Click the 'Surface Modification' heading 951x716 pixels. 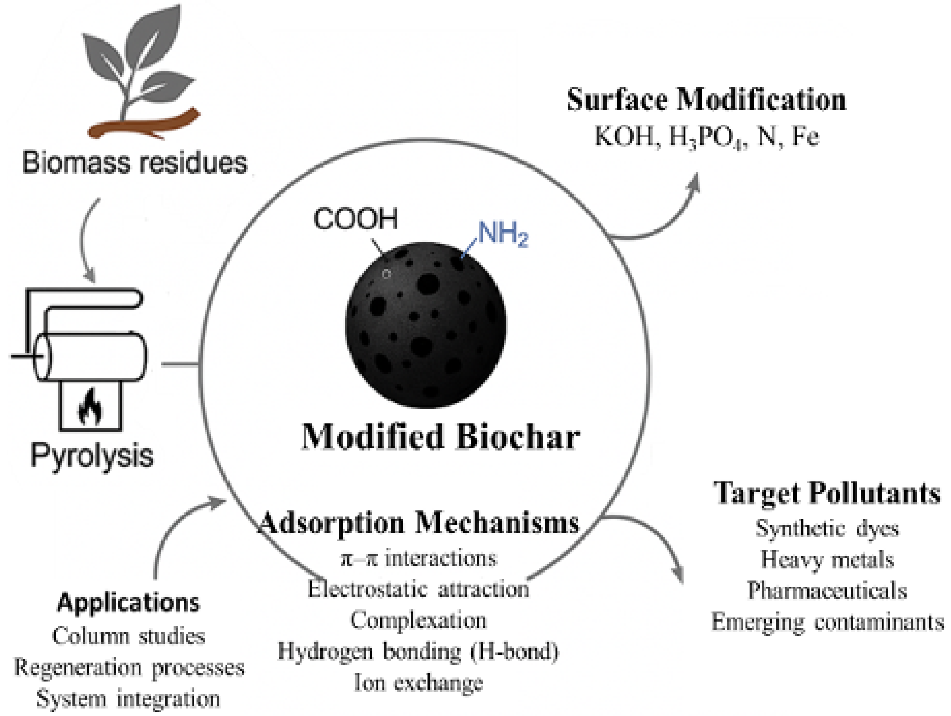click(707, 100)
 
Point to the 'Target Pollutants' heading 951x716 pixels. click(827, 494)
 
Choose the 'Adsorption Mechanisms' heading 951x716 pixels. click(419, 523)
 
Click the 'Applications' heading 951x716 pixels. click(129, 603)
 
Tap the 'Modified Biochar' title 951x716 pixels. click(441, 437)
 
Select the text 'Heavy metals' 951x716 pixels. click(827, 560)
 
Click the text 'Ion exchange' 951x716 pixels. click(419, 683)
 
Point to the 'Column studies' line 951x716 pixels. click(129, 636)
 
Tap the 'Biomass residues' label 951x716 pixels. click(135, 162)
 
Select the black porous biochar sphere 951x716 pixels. click(426, 325)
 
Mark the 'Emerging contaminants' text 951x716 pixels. click(828, 622)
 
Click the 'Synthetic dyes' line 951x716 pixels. click(827, 529)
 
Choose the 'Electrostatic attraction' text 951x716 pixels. click(419, 589)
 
